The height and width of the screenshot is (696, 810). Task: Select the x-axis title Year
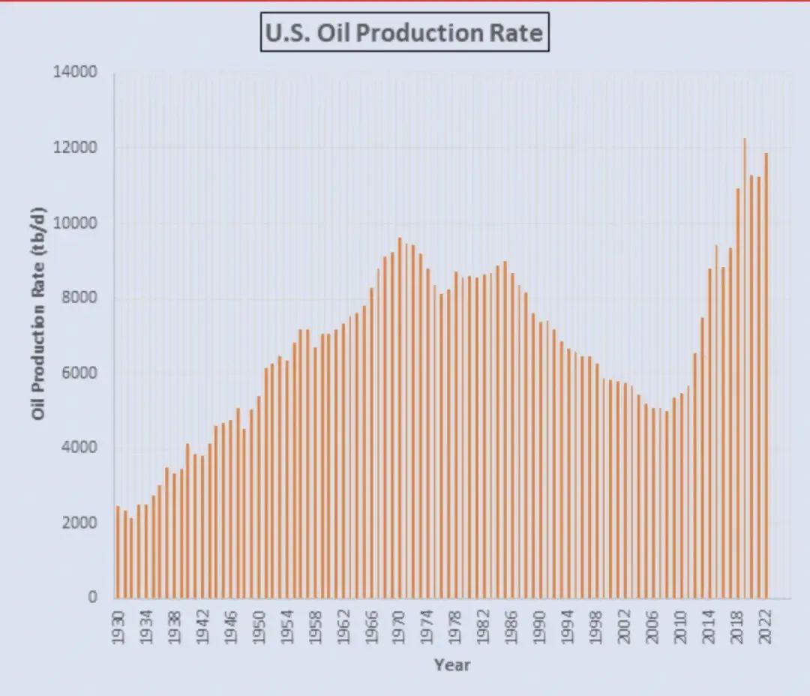click(x=452, y=664)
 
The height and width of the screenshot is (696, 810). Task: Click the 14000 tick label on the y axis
click(x=75, y=73)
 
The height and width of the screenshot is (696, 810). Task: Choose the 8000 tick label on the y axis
click(x=79, y=298)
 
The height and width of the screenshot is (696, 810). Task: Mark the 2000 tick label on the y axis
click(x=79, y=523)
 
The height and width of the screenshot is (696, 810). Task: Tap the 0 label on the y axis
click(x=92, y=598)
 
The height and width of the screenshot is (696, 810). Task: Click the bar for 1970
click(x=399, y=420)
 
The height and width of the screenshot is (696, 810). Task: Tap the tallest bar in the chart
click(x=744, y=375)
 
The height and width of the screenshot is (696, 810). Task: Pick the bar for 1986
click(x=511, y=435)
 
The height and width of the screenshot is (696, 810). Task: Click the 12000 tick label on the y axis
click(x=75, y=148)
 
